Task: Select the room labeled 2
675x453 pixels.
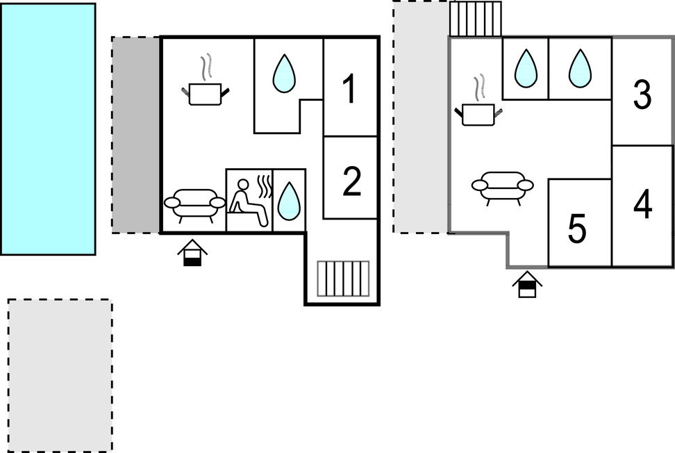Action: pyautogui.click(x=351, y=180)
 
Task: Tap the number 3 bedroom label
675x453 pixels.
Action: pyautogui.click(x=642, y=95)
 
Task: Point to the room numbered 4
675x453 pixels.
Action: pyautogui.click(x=643, y=204)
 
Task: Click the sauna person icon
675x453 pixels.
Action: pyautogui.click(x=249, y=201)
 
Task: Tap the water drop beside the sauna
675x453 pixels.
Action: pyautogui.click(x=287, y=201)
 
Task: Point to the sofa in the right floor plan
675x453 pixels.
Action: pyautogui.click(x=502, y=186)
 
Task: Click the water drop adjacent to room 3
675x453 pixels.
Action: pyautogui.click(x=580, y=68)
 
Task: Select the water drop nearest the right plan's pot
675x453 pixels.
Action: pyautogui.click(x=526, y=68)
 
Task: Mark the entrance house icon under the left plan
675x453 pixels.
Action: pyautogui.click(x=192, y=254)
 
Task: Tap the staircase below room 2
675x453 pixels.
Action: pyautogui.click(x=343, y=278)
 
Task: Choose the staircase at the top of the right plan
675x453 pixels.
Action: pyautogui.click(x=476, y=19)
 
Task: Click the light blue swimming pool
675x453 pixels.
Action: pyautogui.click(x=48, y=129)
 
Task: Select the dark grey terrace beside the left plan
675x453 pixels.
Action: pyautogui.click(x=136, y=135)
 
